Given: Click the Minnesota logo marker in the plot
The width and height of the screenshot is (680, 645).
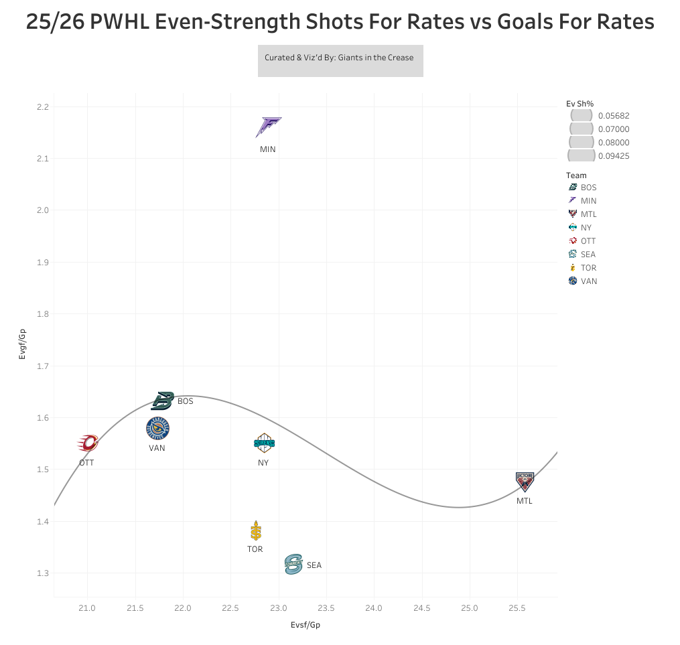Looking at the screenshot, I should click(268, 127).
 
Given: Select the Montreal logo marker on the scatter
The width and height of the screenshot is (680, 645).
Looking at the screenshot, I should click(525, 482).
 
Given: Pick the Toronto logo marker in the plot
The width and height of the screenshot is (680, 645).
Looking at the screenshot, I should click(255, 531).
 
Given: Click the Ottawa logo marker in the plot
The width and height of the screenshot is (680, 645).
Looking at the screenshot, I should click(88, 443).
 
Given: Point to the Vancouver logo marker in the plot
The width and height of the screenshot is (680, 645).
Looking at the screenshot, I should click(157, 429).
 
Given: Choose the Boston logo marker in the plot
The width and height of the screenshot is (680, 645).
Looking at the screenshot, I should click(162, 401).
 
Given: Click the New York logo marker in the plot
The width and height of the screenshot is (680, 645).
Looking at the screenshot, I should click(264, 443).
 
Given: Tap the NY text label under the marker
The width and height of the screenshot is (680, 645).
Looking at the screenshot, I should click(263, 463).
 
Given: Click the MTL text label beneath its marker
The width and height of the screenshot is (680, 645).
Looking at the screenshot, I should click(525, 501).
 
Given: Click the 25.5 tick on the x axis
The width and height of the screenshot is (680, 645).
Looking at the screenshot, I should click(517, 608).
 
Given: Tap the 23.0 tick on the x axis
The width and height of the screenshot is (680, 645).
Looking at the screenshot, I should click(279, 608).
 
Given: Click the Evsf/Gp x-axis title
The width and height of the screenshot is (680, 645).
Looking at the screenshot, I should click(306, 625).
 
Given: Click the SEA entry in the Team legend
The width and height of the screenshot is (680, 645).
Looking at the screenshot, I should click(588, 255).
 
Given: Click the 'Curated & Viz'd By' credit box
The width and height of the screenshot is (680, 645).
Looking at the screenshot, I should click(340, 60).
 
